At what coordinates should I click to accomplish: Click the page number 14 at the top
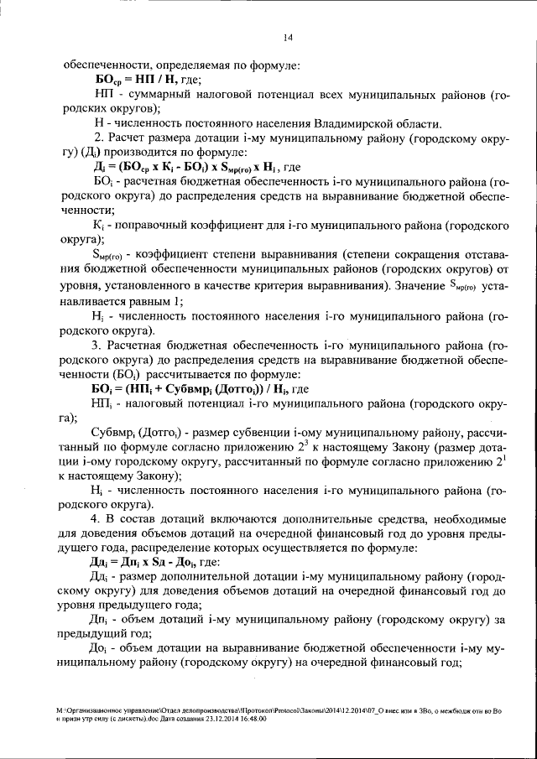pyautogui.click(x=287, y=36)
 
